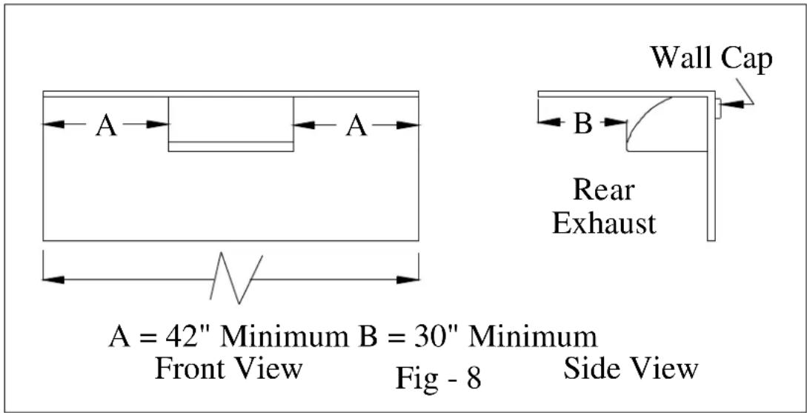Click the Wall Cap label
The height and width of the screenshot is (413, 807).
711,59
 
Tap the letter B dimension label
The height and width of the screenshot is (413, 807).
582,124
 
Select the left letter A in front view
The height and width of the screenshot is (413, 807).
106,125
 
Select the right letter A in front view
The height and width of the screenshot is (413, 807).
356,125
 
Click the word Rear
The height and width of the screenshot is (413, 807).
603,190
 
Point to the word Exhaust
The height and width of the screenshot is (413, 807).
605,223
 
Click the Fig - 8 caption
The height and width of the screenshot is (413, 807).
439,378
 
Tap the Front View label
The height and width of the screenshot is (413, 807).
228,369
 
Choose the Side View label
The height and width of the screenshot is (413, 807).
631,369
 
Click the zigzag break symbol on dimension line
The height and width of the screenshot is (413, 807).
236,277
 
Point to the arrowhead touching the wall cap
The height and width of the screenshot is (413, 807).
731,104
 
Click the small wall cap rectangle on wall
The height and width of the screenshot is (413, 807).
717,109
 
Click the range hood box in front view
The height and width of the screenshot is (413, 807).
231,124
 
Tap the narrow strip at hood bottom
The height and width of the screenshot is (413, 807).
231,147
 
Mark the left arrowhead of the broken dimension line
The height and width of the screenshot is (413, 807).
53,280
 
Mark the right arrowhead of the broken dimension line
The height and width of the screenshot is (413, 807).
408,280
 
